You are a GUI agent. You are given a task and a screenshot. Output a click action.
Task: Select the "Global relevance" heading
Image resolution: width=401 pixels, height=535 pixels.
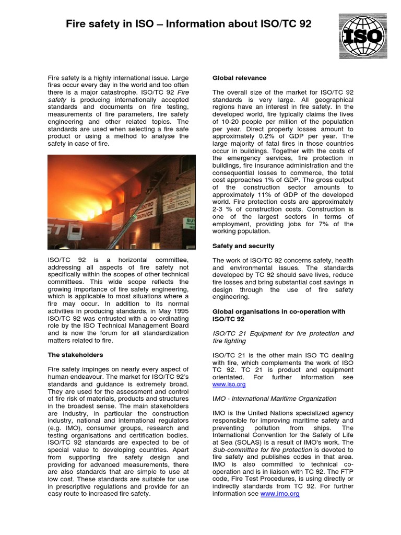pos(239,78)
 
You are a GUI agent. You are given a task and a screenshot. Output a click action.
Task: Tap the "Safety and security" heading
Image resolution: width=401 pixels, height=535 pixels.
pos(243,246)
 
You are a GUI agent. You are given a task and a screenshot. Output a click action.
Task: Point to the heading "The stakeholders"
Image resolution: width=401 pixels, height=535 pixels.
pos(75,355)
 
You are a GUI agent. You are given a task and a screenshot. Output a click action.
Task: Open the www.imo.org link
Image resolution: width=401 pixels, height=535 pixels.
pos(280,493)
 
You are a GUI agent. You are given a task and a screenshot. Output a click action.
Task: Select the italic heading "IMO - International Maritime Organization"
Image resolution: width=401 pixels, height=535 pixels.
pos(274,398)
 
